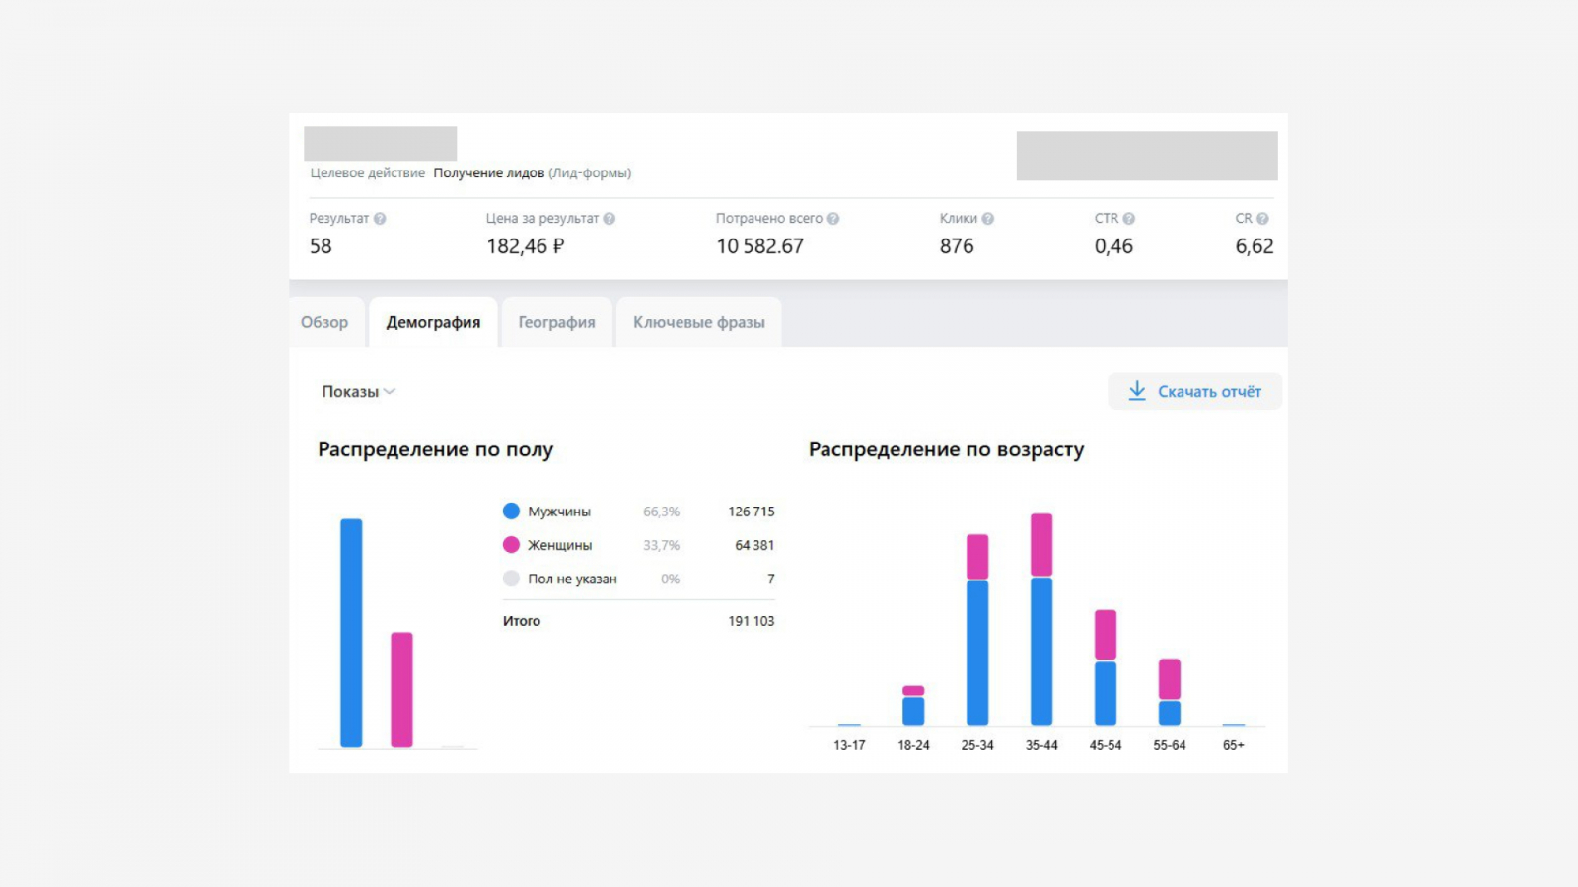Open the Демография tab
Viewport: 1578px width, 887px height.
(x=433, y=322)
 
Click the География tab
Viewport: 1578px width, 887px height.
(x=556, y=322)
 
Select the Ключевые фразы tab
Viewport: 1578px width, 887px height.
(x=698, y=322)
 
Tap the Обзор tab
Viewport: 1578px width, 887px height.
(x=324, y=322)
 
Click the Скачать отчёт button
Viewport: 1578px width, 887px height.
(x=1194, y=391)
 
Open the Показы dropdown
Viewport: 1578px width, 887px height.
(x=358, y=391)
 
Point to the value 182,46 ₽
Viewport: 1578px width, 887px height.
(x=525, y=246)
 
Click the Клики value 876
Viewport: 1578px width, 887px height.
(x=956, y=246)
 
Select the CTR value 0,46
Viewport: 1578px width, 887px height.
(x=1113, y=246)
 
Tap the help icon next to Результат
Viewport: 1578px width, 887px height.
(x=380, y=219)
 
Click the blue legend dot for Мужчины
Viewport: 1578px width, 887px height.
(x=511, y=512)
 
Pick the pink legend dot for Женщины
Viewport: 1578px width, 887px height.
(x=511, y=545)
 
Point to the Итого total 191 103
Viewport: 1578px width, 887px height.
(x=751, y=621)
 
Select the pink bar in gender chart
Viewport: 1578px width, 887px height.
(x=401, y=690)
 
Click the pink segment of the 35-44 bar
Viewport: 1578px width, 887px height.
(x=1041, y=545)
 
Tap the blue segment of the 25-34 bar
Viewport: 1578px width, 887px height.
(x=977, y=652)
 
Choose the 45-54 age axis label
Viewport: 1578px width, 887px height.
(x=1106, y=745)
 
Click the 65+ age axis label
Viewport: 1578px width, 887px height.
(x=1233, y=745)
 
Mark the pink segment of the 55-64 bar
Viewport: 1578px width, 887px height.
(x=1170, y=679)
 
